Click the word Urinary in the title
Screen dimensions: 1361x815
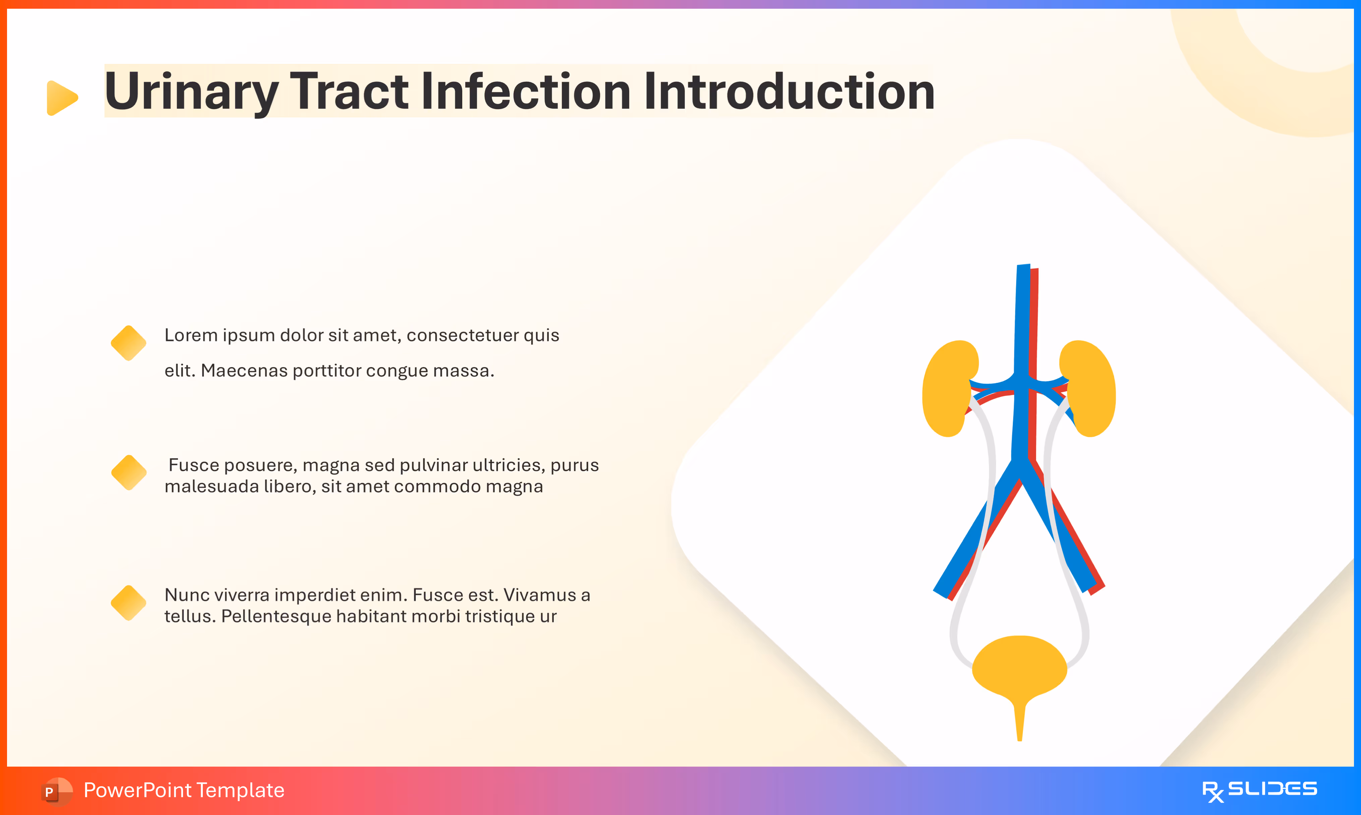191,92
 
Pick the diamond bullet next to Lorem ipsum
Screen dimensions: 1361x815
128,343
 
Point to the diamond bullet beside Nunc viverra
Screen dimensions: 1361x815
128,602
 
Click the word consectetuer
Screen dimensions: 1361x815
463,335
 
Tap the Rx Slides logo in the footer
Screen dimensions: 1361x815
1259,791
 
